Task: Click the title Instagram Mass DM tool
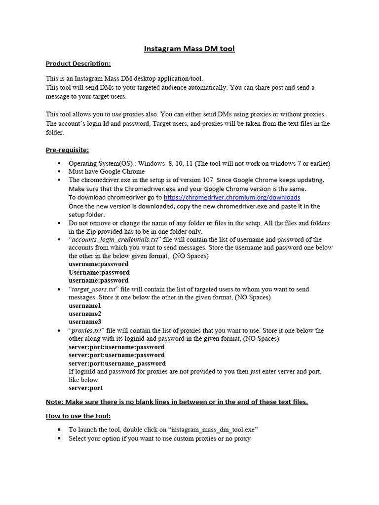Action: (189, 48)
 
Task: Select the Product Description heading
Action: (78, 63)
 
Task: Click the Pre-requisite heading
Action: (67, 149)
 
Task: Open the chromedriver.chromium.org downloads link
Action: (231, 197)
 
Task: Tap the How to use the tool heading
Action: (78, 416)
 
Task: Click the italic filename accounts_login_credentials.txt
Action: (114, 240)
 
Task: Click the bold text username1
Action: (85, 306)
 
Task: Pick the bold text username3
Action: (85, 322)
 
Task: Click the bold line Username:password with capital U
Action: (99, 272)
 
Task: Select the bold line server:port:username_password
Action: (117, 363)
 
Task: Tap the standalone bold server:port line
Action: (85, 388)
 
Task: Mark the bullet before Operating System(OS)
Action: (58, 164)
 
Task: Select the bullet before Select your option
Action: (58, 438)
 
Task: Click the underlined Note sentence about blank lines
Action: (177, 402)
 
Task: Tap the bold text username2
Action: (85, 314)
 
